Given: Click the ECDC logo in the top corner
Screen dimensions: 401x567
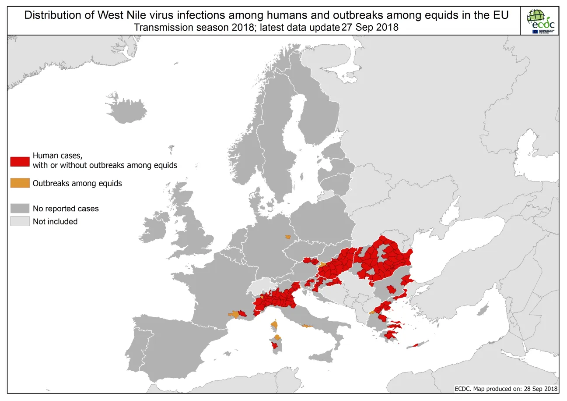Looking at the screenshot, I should [542, 21].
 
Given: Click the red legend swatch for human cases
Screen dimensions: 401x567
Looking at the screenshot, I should [20, 161].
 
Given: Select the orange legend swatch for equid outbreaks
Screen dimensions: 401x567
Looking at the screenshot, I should [20, 183].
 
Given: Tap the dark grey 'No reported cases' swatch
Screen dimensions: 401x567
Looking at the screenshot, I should [20, 208].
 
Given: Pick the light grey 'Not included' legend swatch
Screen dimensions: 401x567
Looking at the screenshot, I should [20, 221].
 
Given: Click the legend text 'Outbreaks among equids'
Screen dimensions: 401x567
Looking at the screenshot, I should [77, 183].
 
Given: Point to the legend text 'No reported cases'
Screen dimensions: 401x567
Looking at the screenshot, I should [66, 209].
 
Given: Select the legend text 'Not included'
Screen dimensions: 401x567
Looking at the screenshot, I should [55, 221].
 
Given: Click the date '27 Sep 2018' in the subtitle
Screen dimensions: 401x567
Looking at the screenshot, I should [370, 27].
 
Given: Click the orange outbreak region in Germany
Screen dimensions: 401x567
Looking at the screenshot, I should [288, 237].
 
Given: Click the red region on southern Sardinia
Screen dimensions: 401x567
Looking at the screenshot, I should [275, 345].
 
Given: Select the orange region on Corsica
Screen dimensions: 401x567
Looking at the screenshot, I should [274, 325].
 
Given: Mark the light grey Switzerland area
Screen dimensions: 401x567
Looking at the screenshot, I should [262, 287].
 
